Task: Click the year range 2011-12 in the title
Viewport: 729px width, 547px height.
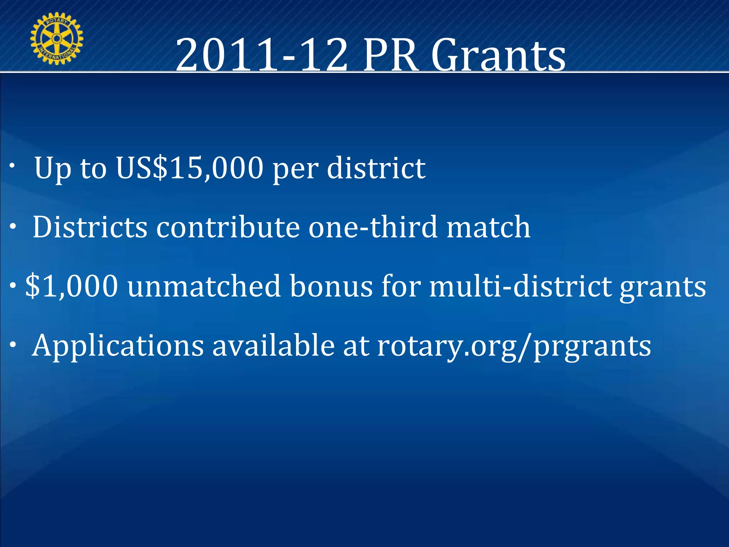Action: point(262,55)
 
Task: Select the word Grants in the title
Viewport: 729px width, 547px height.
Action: point(498,55)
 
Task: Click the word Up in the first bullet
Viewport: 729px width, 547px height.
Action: point(53,168)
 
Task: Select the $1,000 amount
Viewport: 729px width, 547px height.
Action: point(72,286)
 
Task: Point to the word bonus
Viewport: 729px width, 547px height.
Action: point(331,286)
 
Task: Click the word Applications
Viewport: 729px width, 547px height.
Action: point(118,345)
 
